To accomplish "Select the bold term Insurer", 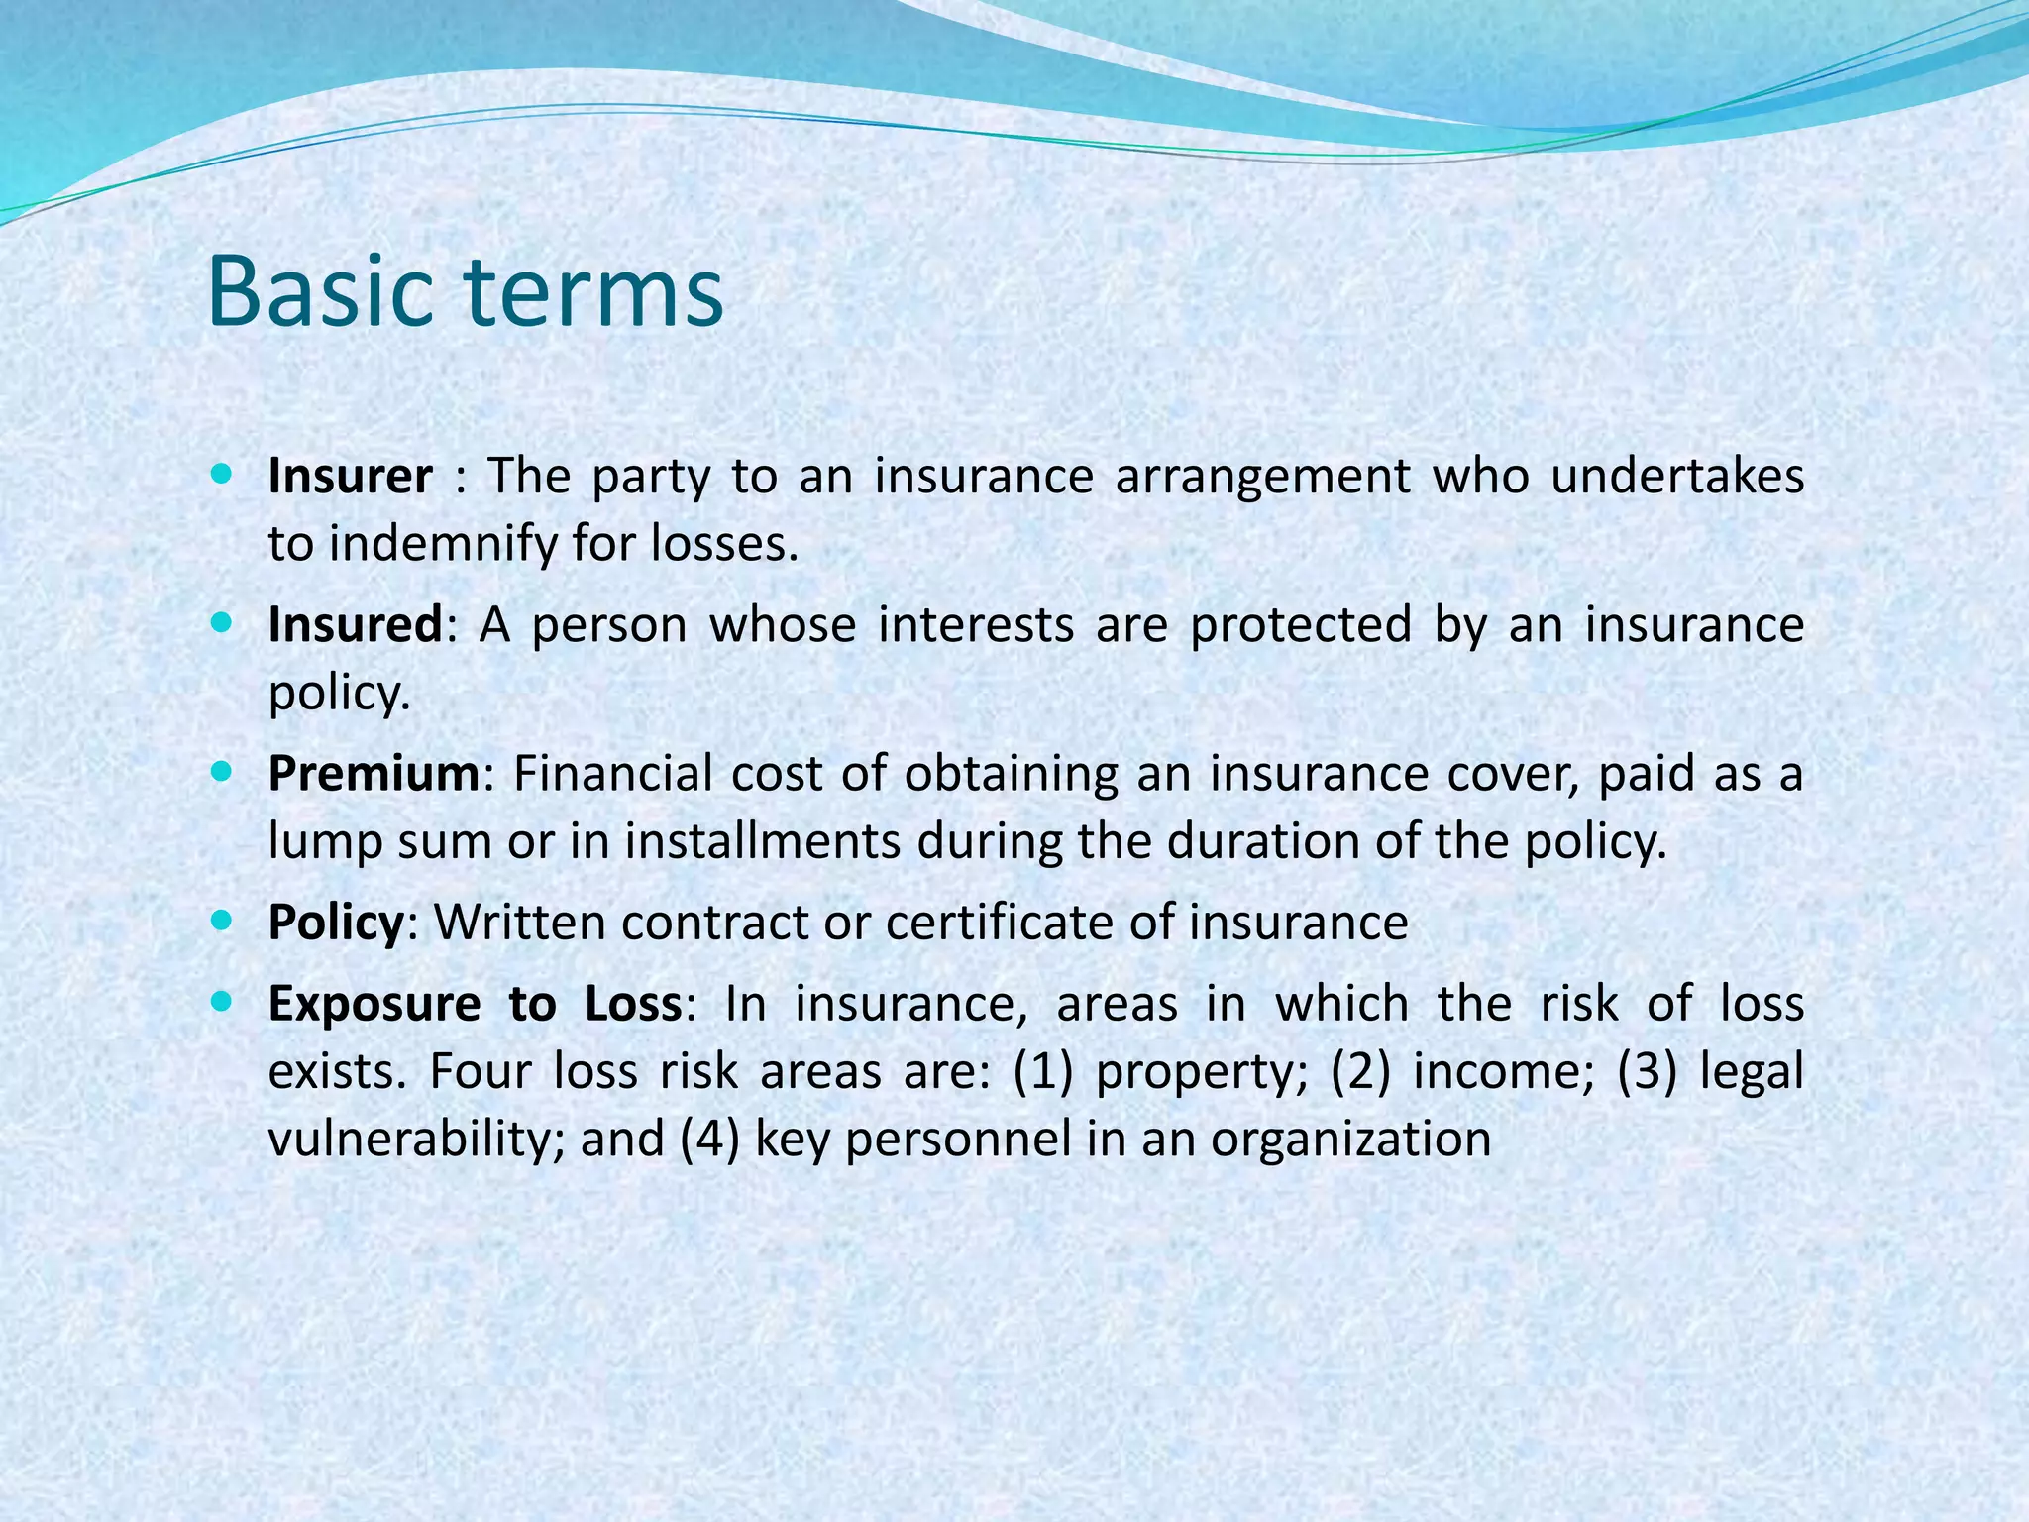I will tap(350, 477).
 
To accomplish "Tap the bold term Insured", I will tap(355, 625).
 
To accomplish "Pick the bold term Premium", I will tap(374, 774).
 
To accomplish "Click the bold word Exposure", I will tap(374, 1004).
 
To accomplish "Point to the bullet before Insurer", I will tap(222, 474).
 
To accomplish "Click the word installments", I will tap(762, 842).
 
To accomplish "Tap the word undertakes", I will tap(1676, 477).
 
